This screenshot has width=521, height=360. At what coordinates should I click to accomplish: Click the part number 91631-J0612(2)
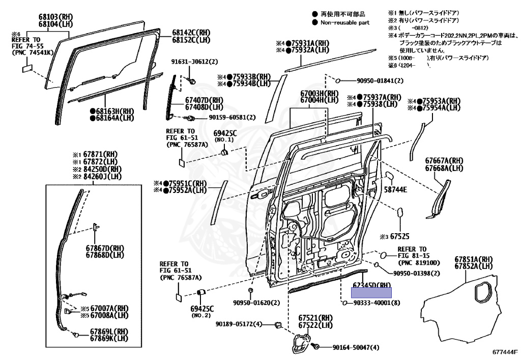click(x=194, y=62)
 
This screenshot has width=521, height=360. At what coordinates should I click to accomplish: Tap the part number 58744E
click(x=395, y=189)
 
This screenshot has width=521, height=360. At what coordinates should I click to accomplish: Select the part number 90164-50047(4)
click(x=356, y=348)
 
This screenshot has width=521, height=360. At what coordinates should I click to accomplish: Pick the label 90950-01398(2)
click(x=411, y=273)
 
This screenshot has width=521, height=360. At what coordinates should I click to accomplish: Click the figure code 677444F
click(x=504, y=352)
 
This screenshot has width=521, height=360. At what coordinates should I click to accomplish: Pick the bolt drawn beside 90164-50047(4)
click(x=315, y=346)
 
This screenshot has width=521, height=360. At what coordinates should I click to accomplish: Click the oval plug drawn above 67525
click(x=400, y=212)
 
